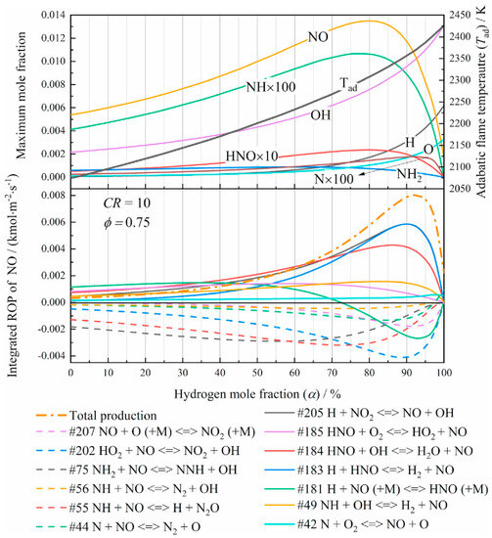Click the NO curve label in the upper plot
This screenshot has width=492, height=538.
[x=319, y=37]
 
